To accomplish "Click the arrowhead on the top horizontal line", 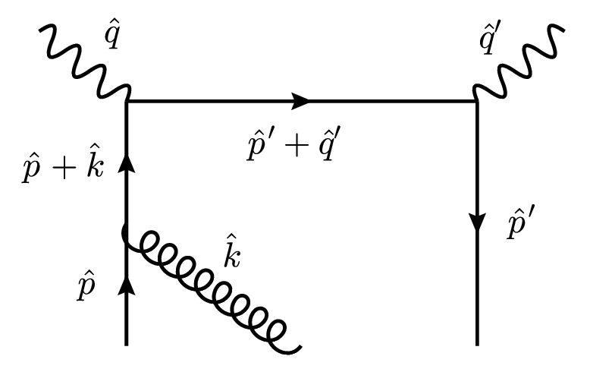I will (x=301, y=100).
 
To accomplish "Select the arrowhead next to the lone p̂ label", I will (x=126, y=284).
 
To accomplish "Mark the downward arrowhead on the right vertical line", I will (x=476, y=222).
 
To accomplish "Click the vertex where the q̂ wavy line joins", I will (x=126, y=100).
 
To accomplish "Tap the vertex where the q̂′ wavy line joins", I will (x=476, y=100).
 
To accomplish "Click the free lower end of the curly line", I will (x=302, y=348).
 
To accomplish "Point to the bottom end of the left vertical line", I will (x=126, y=343).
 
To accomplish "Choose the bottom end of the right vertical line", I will (x=476, y=343).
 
